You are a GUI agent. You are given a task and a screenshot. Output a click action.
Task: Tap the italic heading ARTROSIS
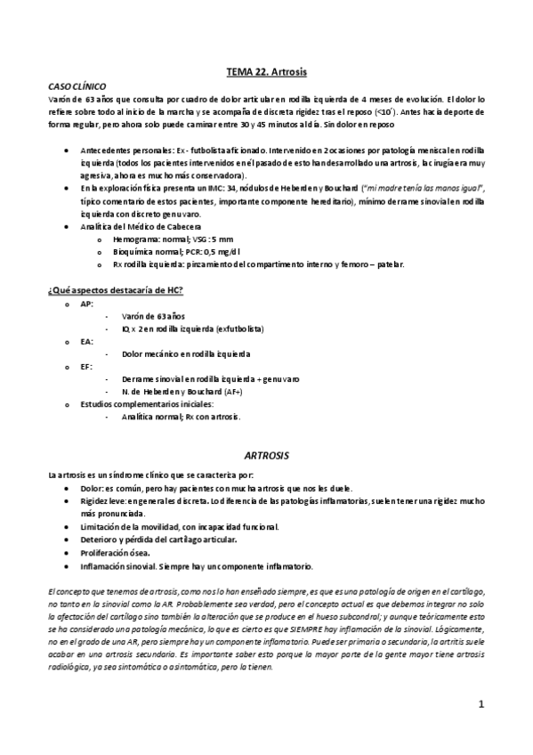[266, 454]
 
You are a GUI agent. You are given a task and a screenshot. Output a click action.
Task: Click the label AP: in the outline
[86, 304]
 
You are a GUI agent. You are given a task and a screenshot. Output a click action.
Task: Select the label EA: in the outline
[86, 341]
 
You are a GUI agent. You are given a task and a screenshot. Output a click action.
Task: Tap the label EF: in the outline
[86, 366]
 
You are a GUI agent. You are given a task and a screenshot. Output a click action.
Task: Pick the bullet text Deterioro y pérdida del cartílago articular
[158, 540]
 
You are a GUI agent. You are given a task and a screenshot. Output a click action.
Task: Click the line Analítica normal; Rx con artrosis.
[181, 416]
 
